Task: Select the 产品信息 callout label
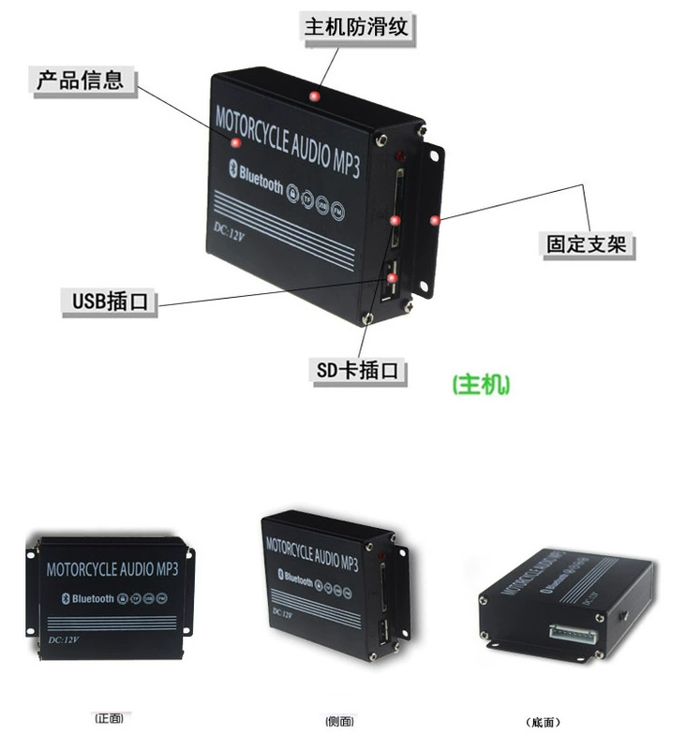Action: [80, 80]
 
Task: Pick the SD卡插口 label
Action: [357, 371]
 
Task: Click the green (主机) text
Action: [482, 386]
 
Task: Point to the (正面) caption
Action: [109, 719]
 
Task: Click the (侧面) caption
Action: [338, 721]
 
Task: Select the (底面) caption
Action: [544, 722]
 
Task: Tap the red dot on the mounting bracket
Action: [434, 219]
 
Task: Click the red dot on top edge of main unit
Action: [315, 95]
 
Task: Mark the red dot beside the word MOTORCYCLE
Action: [236, 142]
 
